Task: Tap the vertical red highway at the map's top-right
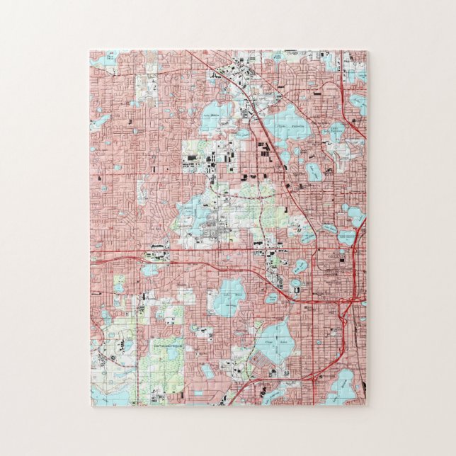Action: pyautogui.click(x=343, y=78)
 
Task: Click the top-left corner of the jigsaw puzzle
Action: pyautogui.click(x=90, y=50)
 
